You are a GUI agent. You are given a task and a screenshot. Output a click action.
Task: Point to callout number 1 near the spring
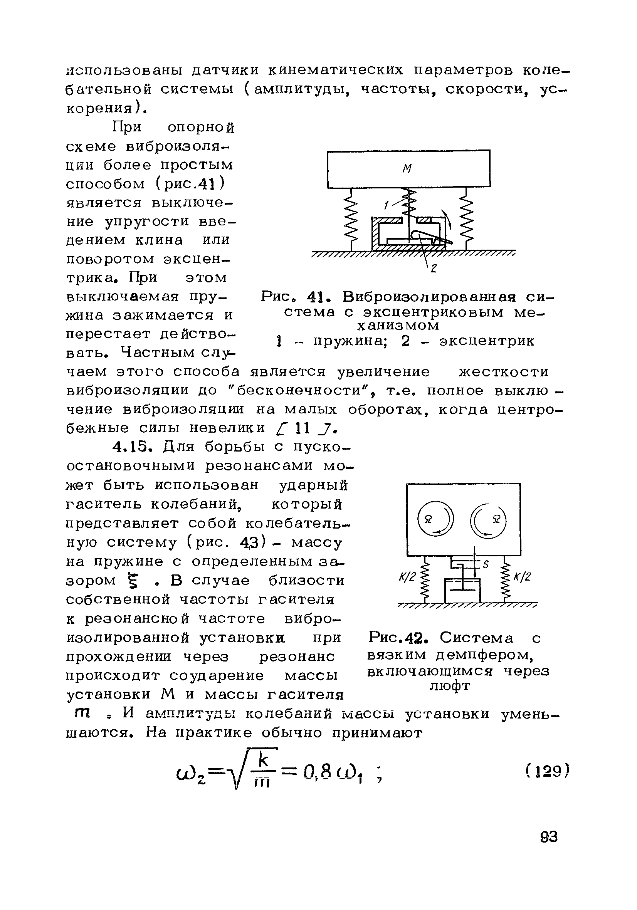(386, 205)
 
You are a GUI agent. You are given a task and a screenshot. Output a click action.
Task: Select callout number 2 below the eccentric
(433, 269)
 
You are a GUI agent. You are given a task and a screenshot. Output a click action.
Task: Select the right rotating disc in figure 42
(488, 519)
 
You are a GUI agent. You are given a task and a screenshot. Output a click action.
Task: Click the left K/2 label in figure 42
(407, 577)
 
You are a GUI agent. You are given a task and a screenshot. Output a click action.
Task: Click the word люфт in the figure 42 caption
(450, 685)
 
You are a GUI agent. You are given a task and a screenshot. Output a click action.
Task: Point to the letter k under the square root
(263, 760)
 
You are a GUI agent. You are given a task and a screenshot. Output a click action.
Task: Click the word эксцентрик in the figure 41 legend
(486, 341)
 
